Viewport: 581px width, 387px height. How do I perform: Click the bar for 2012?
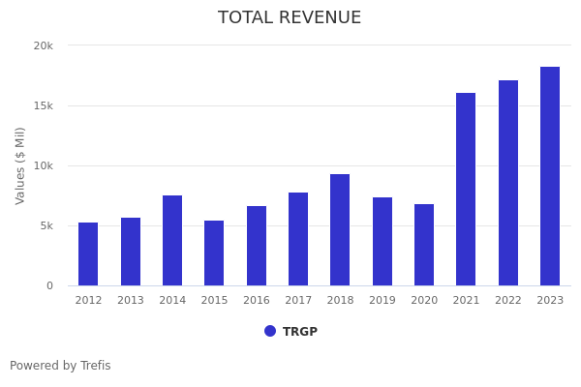pos(88,254)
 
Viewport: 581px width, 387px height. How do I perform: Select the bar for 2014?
pos(172,241)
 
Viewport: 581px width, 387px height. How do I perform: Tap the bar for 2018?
pos(340,230)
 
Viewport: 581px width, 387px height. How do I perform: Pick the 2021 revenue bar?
pos(466,190)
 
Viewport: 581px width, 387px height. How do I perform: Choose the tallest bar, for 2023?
pos(550,176)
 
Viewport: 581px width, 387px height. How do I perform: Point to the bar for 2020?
pos(424,245)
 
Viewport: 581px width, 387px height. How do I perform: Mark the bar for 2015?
pos(214,253)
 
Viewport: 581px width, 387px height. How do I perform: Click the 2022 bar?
pos(508,183)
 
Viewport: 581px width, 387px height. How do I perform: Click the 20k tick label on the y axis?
pos(44,45)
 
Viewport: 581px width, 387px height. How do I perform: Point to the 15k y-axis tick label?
pos(44,105)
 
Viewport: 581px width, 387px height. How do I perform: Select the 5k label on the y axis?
pos(46,225)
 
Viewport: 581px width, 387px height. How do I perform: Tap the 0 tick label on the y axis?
pos(49,285)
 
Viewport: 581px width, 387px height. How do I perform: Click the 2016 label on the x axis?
pos(257,301)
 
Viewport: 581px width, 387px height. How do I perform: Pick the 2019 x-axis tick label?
pos(382,301)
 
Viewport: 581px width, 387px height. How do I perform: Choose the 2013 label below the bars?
pos(131,301)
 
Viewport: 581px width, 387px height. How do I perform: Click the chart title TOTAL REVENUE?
pos(290,18)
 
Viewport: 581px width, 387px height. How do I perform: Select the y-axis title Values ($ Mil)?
pos(20,165)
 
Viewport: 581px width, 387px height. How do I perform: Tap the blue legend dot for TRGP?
pos(270,331)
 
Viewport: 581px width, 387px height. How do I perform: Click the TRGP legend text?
pos(300,332)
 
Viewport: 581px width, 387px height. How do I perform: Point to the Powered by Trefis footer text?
pos(60,366)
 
